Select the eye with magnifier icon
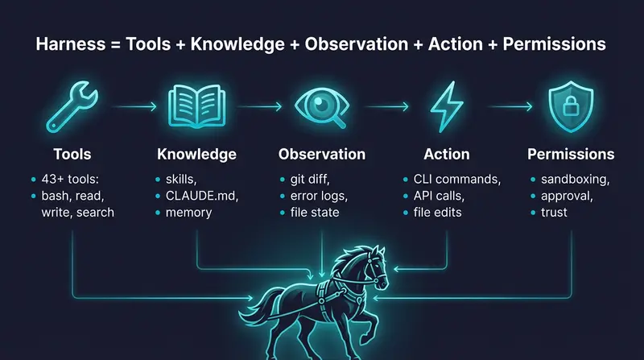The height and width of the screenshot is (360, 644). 322,106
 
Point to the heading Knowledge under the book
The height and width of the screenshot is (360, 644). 197,154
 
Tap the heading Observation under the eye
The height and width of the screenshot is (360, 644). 322,154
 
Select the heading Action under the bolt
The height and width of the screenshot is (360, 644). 447,154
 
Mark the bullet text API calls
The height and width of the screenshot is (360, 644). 436,195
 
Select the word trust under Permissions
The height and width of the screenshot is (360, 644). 554,212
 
